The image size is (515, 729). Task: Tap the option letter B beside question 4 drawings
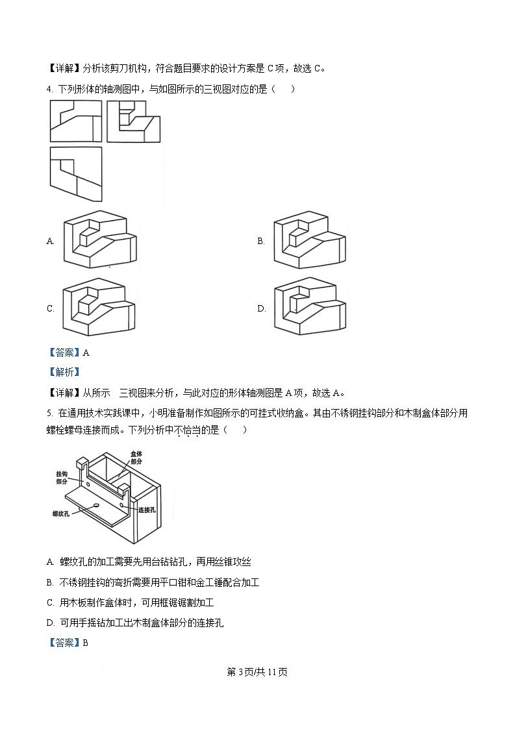260,241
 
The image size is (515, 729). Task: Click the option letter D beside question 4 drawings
261,309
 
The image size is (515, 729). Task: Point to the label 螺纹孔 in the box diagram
62,513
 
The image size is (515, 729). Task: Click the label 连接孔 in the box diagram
147,510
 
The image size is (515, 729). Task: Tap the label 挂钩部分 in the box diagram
62,478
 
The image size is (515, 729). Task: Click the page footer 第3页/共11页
257,672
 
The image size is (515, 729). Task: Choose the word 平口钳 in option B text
169,582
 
